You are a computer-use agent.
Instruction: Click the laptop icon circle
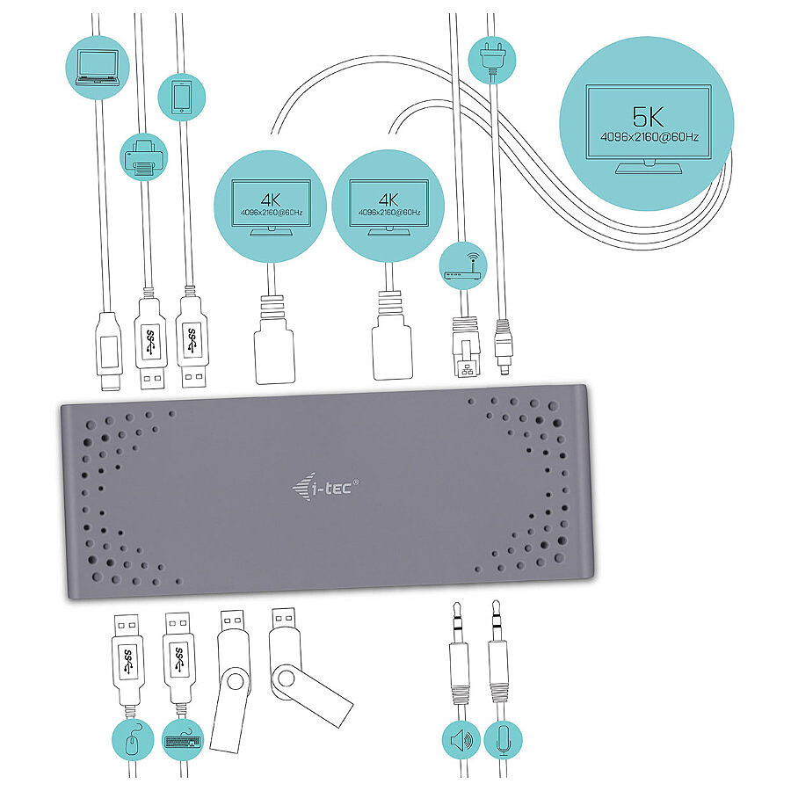pyautogui.click(x=98, y=67)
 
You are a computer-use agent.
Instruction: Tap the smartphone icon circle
pyautogui.click(x=182, y=97)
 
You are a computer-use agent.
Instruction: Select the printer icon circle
pyautogui.click(x=144, y=157)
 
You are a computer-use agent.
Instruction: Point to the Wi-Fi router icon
pyautogui.click(x=463, y=266)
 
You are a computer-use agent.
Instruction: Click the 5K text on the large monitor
pyautogui.click(x=649, y=117)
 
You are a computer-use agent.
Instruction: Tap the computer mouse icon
pyautogui.click(x=132, y=740)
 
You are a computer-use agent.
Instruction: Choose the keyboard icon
pyautogui.click(x=183, y=740)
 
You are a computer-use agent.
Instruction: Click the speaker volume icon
pyautogui.click(x=461, y=741)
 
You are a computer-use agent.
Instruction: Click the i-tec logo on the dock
pyautogui.click(x=325, y=487)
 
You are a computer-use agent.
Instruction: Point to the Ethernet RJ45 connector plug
pyautogui.click(x=466, y=346)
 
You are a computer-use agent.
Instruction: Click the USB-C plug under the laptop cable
pyautogui.click(x=109, y=351)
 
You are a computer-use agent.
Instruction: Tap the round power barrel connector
pyautogui.click(x=503, y=347)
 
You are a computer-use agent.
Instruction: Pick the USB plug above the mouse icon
pyautogui.click(x=127, y=658)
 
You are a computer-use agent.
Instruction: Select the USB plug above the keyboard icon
pyautogui.click(x=178, y=657)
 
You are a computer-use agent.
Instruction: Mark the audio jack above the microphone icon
pyautogui.click(x=498, y=650)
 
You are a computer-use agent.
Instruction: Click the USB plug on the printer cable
pyautogui.click(x=149, y=343)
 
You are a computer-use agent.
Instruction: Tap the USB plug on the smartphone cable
pyautogui.click(x=192, y=342)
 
